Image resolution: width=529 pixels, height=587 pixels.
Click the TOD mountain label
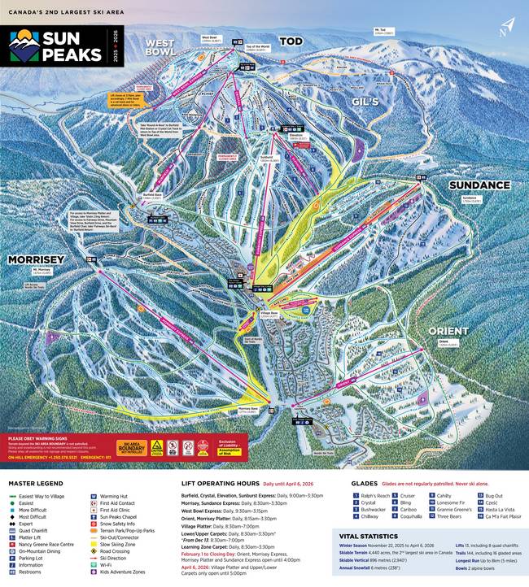[x=291, y=41]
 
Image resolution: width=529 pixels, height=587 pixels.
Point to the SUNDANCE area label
[x=479, y=185]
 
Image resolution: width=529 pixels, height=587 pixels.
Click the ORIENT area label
[x=448, y=332]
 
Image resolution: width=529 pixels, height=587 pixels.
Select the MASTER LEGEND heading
[x=37, y=483]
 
